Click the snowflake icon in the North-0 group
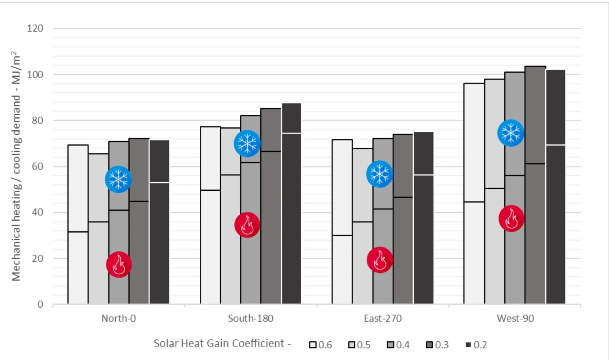[x=118, y=179]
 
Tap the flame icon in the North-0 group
[x=119, y=265]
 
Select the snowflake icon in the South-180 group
[x=247, y=143]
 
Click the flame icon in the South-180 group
[x=247, y=225]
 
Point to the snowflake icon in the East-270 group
[x=380, y=174]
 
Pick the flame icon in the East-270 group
[x=380, y=260]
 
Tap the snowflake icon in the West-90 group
[x=511, y=133]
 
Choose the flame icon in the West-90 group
[x=512, y=218]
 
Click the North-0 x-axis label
[x=119, y=318]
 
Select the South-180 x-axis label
[x=251, y=318]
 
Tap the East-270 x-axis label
[x=382, y=318]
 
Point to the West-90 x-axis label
[x=515, y=318]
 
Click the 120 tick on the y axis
[x=35, y=28]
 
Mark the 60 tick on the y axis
[x=37, y=166]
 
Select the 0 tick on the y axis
[x=40, y=304]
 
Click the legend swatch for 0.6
[x=313, y=345]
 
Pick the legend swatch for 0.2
[x=468, y=345]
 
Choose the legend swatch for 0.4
[x=391, y=345]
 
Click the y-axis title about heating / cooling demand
[x=16, y=166]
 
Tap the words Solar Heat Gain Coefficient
[x=219, y=343]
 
